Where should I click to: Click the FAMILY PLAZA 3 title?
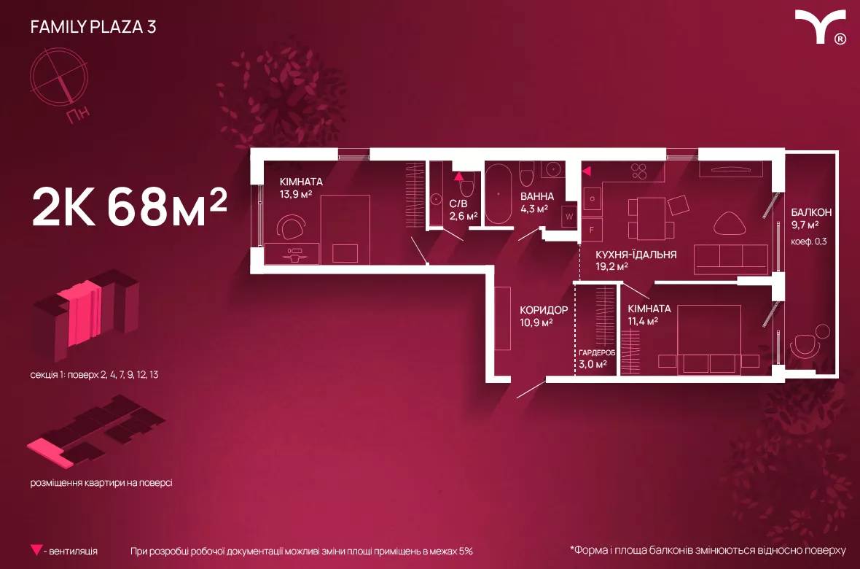coord(93,27)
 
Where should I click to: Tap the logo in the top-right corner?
coord(821,27)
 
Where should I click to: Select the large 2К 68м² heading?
coord(130,206)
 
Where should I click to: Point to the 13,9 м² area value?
coord(296,194)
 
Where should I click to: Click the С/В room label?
coord(458,204)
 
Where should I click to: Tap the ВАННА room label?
coord(537,197)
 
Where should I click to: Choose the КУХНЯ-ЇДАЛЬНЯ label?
coord(636,255)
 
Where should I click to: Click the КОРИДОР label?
coord(544,310)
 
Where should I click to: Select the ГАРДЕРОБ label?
coord(597,352)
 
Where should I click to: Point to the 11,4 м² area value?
coord(643,321)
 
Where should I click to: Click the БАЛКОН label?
coord(811,212)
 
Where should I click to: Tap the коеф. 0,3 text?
coord(808,241)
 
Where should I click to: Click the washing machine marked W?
coord(568,217)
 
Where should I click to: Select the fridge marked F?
coord(592,230)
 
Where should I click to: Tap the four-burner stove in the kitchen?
coord(639,171)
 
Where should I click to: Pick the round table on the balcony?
coord(822,331)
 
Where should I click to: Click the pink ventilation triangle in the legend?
coord(36,550)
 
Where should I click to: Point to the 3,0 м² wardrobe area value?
coord(593,364)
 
